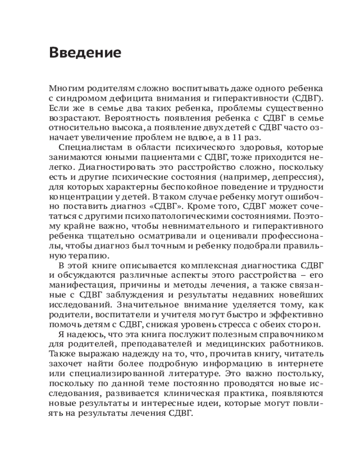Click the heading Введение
coord(85,53)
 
